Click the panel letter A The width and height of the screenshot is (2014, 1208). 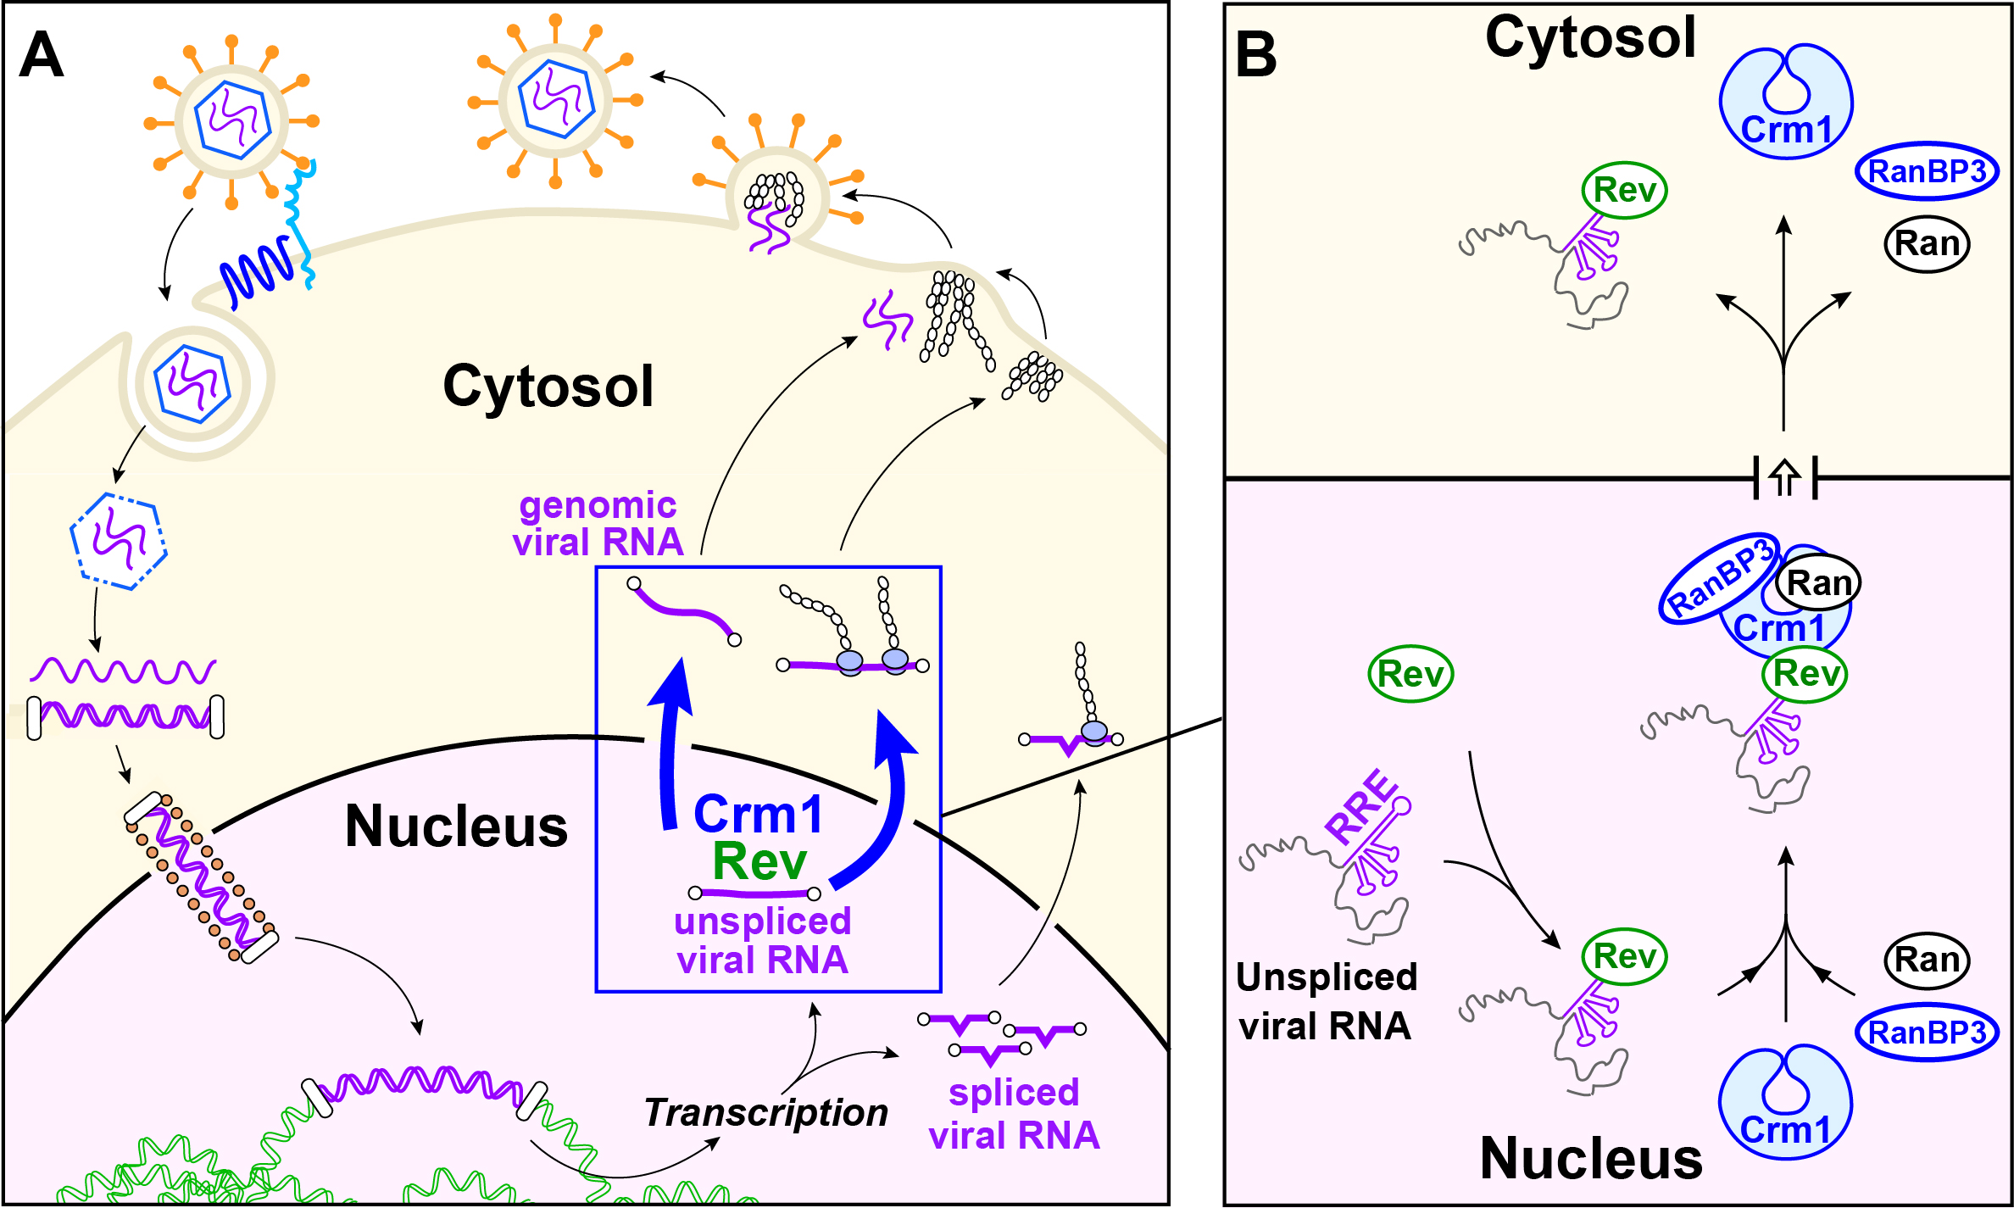[x=42, y=56]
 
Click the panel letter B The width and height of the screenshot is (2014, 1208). [x=1256, y=56]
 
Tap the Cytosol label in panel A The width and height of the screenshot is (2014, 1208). [x=548, y=387]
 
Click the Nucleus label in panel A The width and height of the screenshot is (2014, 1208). [x=456, y=827]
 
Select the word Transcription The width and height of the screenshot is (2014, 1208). [x=765, y=1113]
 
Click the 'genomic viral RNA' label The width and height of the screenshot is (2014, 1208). [x=598, y=524]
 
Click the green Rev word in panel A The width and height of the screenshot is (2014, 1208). [x=759, y=862]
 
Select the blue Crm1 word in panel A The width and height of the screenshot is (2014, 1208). [x=758, y=815]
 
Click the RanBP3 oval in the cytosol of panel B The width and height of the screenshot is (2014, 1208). [x=1927, y=171]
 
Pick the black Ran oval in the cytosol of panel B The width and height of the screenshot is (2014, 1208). [x=1927, y=244]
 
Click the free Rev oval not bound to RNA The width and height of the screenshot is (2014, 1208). [x=1410, y=675]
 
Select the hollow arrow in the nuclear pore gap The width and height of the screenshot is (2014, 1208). [x=1785, y=478]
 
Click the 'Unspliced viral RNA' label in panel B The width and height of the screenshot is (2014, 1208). [x=1326, y=1001]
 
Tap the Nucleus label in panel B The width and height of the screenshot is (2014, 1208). [x=1590, y=1159]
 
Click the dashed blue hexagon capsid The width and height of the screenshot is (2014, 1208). [x=118, y=541]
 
